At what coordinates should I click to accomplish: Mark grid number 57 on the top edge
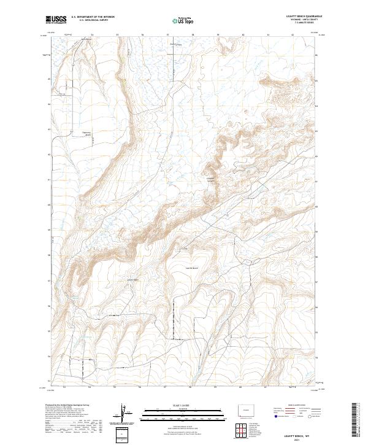(x=167, y=35)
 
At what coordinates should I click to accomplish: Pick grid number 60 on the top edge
(x=243, y=35)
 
